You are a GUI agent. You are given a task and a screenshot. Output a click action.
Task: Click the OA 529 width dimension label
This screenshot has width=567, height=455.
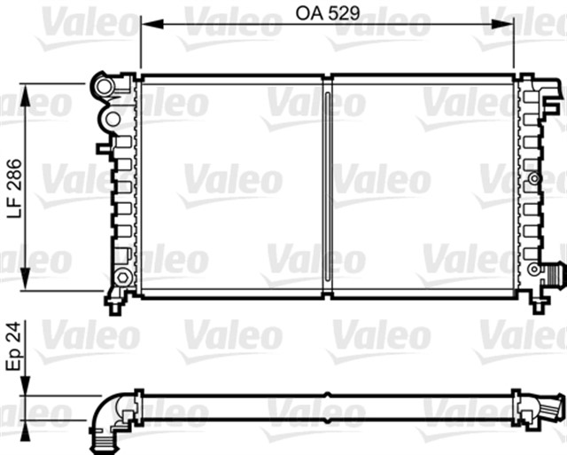pyautogui.click(x=327, y=12)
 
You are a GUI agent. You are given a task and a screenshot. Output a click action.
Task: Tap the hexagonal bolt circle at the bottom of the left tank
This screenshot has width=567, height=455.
pyautogui.click(x=120, y=278)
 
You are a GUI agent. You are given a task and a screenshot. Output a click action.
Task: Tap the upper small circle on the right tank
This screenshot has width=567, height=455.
pyautogui.click(x=533, y=180)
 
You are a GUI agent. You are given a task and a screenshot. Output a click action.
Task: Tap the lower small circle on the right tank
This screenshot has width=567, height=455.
pyautogui.click(x=532, y=268)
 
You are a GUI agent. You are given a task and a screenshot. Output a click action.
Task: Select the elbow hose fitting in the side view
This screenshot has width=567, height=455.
pyautogui.click(x=110, y=413)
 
